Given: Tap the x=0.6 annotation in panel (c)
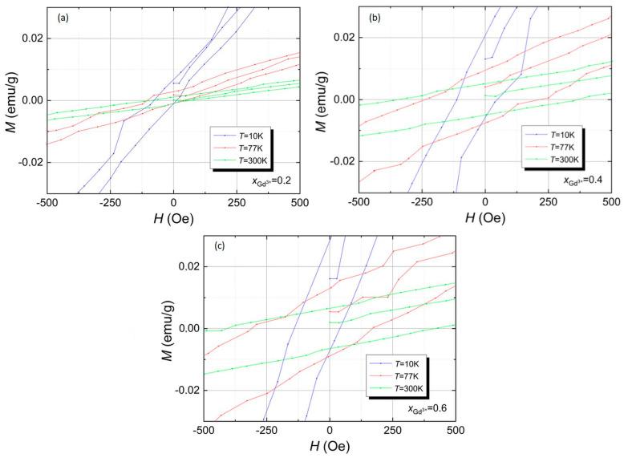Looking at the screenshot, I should coord(429,407).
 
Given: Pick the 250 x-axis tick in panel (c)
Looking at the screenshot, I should coord(392,432).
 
